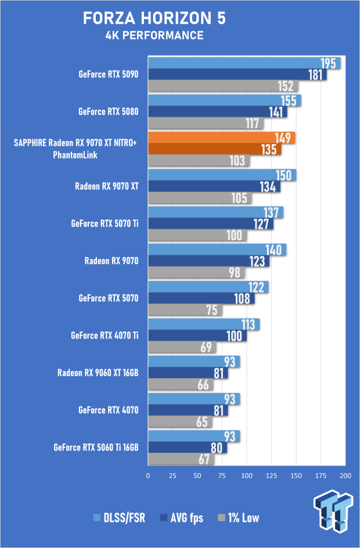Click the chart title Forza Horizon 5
(154, 18)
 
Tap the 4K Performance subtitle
(154, 35)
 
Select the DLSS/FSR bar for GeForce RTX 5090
(244, 63)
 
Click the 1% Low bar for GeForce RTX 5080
(206, 123)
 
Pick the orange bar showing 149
(222, 138)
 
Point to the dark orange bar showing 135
(215, 149)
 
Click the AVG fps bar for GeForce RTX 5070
(201, 298)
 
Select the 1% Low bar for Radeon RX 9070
(196, 272)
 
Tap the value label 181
(315, 75)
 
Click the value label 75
(212, 310)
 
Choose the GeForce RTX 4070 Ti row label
(105, 336)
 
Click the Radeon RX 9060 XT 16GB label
(98, 373)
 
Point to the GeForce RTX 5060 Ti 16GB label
(96, 448)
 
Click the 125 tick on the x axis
(271, 475)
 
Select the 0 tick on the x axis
(148, 475)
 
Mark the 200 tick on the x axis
(345, 475)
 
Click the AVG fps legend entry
(181, 518)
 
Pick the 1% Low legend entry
(239, 518)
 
